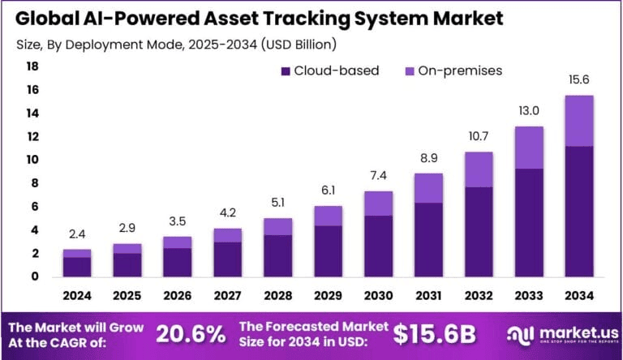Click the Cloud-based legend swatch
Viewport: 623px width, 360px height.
[x=286, y=71]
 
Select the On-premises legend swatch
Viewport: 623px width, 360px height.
[x=410, y=71]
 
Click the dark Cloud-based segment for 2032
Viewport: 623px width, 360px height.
[x=479, y=232]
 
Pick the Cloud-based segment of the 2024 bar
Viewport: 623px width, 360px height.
[x=78, y=267]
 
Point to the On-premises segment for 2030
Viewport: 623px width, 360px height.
[x=378, y=204]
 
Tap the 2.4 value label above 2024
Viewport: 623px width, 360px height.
[x=78, y=234]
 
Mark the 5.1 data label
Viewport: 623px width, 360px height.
[x=278, y=203]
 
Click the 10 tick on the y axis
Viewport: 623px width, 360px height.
[x=32, y=161]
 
